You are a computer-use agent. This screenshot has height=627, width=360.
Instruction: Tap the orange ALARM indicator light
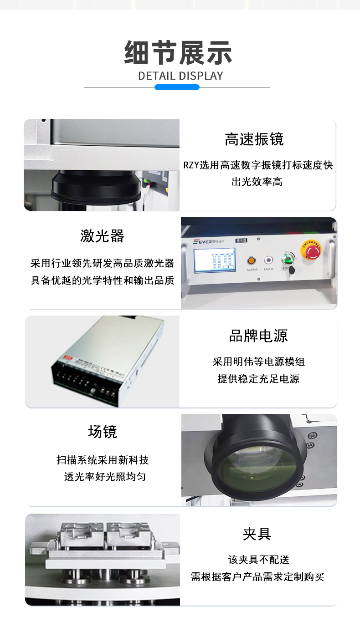pyautogui.click(x=251, y=260)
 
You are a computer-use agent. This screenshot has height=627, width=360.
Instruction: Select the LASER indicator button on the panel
pyautogui.click(x=268, y=260)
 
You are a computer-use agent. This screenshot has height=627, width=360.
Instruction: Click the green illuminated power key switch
pyautogui.click(x=287, y=260)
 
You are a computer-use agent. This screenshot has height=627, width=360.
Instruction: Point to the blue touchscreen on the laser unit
pyautogui.click(x=214, y=260)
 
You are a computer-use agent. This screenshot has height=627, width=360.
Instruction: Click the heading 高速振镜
pyautogui.click(x=254, y=139)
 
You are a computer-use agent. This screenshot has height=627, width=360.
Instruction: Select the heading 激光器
pyautogui.click(x=102, y=236)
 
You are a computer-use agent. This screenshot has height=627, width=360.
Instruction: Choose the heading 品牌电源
pyautogui.click(x=258, y=336)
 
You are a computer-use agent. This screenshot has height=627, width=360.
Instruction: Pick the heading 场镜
pyautogui.click(x=102, y=431)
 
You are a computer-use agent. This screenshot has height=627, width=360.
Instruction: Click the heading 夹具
pyautogui.click(x=257, y=533)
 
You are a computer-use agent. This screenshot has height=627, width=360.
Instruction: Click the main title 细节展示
pyautogui.click(x=178, y=53)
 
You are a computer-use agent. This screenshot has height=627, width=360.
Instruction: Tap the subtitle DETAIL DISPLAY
pyautogui.click(x=180, y=76)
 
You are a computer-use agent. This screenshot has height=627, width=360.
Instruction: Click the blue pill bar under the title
pyautogui.click(x=177, y=87)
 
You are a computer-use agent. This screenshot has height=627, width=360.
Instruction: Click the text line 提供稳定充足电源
pyautogui.click(x=258, y=379)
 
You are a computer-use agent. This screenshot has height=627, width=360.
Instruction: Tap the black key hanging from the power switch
pyautogui.click(x=292, y=270)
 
